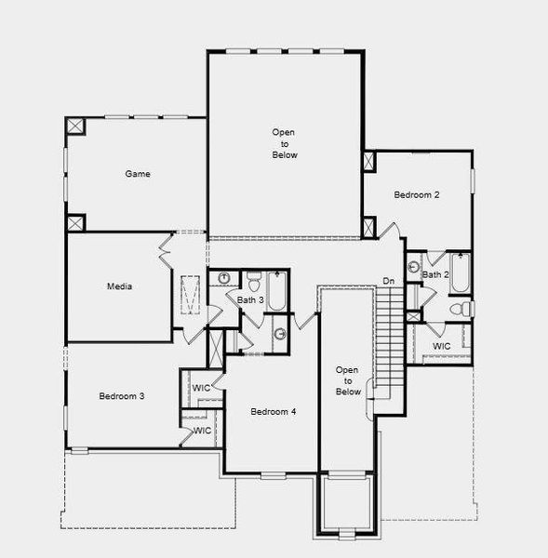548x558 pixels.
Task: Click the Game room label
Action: coord(138,174)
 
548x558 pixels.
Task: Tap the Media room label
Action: coord(119,286)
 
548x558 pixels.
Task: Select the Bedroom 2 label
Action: coord(416,195)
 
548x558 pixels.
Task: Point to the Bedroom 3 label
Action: coord(121,396)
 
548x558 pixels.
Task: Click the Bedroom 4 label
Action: coord(273,411)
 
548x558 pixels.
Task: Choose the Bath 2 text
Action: coord(435,274)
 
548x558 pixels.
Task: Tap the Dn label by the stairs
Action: coord(389,282)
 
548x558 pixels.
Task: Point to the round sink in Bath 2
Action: coord(414,266)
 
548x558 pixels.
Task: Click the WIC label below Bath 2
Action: coord(442,346)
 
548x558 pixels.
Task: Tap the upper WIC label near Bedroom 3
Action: coord(201,387)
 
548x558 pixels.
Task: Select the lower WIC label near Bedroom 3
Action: coord(201,431)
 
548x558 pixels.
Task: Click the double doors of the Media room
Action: coord(166,247)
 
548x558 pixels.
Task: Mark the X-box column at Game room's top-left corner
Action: coord(75,128)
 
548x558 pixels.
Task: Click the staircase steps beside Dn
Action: coord(392,335)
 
